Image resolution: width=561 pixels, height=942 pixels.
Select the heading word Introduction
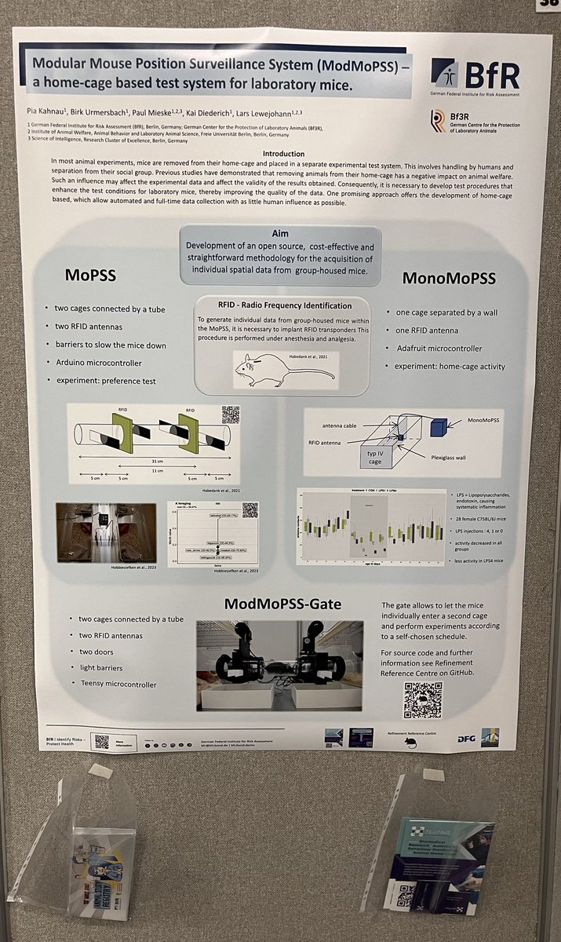(285, 154)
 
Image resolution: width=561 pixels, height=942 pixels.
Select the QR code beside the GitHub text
(422, 699)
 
